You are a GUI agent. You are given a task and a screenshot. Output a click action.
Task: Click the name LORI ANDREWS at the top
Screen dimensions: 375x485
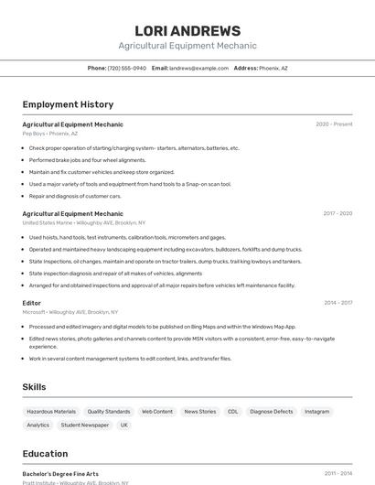click(x=187, y=31)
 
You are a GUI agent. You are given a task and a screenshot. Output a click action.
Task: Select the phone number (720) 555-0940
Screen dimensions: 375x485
click(x=126, y=68)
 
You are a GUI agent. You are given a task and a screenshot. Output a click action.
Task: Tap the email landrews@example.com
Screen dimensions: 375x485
click(x=198, y=68)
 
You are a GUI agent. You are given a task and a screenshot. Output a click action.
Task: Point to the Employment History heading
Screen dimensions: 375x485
click(x=68, y=104)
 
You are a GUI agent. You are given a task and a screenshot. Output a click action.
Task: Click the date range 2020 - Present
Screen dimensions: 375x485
click(x=334, y=124)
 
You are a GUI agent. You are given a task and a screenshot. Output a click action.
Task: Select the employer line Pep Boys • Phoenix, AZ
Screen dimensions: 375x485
click(x=52, y=134)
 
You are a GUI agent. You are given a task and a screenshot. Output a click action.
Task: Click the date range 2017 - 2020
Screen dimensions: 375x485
click(x=337, y=213)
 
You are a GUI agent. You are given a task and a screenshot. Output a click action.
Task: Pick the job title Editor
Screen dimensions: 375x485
click(x=32, y=303)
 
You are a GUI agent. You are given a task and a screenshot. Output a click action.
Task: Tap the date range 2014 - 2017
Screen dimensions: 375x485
click(x=337, y=303)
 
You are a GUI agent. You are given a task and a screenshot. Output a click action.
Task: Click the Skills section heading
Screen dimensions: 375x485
click(x=34, y=387)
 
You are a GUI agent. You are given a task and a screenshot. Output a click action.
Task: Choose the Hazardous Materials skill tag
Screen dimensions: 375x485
click(x=51, y=412)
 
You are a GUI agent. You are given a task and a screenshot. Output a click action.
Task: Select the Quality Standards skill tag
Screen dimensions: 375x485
click(x=109, y=412)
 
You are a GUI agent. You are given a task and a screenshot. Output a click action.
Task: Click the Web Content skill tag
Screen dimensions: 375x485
click(x=157, y=412)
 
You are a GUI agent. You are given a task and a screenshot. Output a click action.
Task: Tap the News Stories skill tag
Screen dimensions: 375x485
click(x=200, y=412)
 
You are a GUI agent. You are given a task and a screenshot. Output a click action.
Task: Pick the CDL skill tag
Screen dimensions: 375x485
click(x=233, y=412)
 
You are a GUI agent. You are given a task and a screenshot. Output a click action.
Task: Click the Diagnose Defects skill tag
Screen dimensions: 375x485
click(x=272, y=412)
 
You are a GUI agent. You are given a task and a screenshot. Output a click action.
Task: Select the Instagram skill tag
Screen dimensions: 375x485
click(x=317, y=412)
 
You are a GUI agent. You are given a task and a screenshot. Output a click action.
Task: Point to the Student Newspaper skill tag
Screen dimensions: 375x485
click(x=85, y=425)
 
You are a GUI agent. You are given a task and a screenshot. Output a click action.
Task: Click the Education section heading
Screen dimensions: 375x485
click(x=45, y=454)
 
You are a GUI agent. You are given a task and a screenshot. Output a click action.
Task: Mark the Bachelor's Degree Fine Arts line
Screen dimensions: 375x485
click(x=60, y=474)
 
